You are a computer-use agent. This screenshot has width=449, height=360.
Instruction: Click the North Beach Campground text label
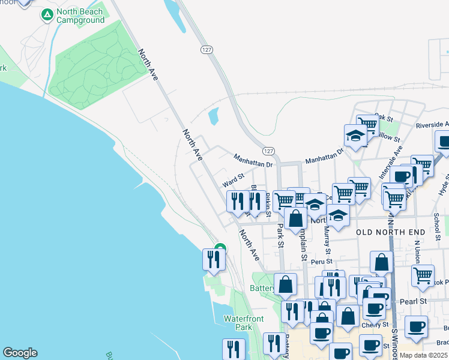point(80,16)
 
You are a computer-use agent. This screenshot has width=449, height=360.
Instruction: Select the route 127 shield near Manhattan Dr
point(269,151)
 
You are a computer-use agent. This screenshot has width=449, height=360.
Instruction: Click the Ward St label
point(234,178)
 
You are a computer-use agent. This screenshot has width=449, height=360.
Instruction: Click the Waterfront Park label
point(238,323)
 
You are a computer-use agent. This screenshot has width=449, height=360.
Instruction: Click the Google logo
point(20,353)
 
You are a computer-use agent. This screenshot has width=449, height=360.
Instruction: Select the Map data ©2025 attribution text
point(423,356)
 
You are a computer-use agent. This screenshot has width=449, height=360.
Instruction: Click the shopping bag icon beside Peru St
point(381,263)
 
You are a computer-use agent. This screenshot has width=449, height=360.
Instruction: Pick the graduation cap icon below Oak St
point(355,136)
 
